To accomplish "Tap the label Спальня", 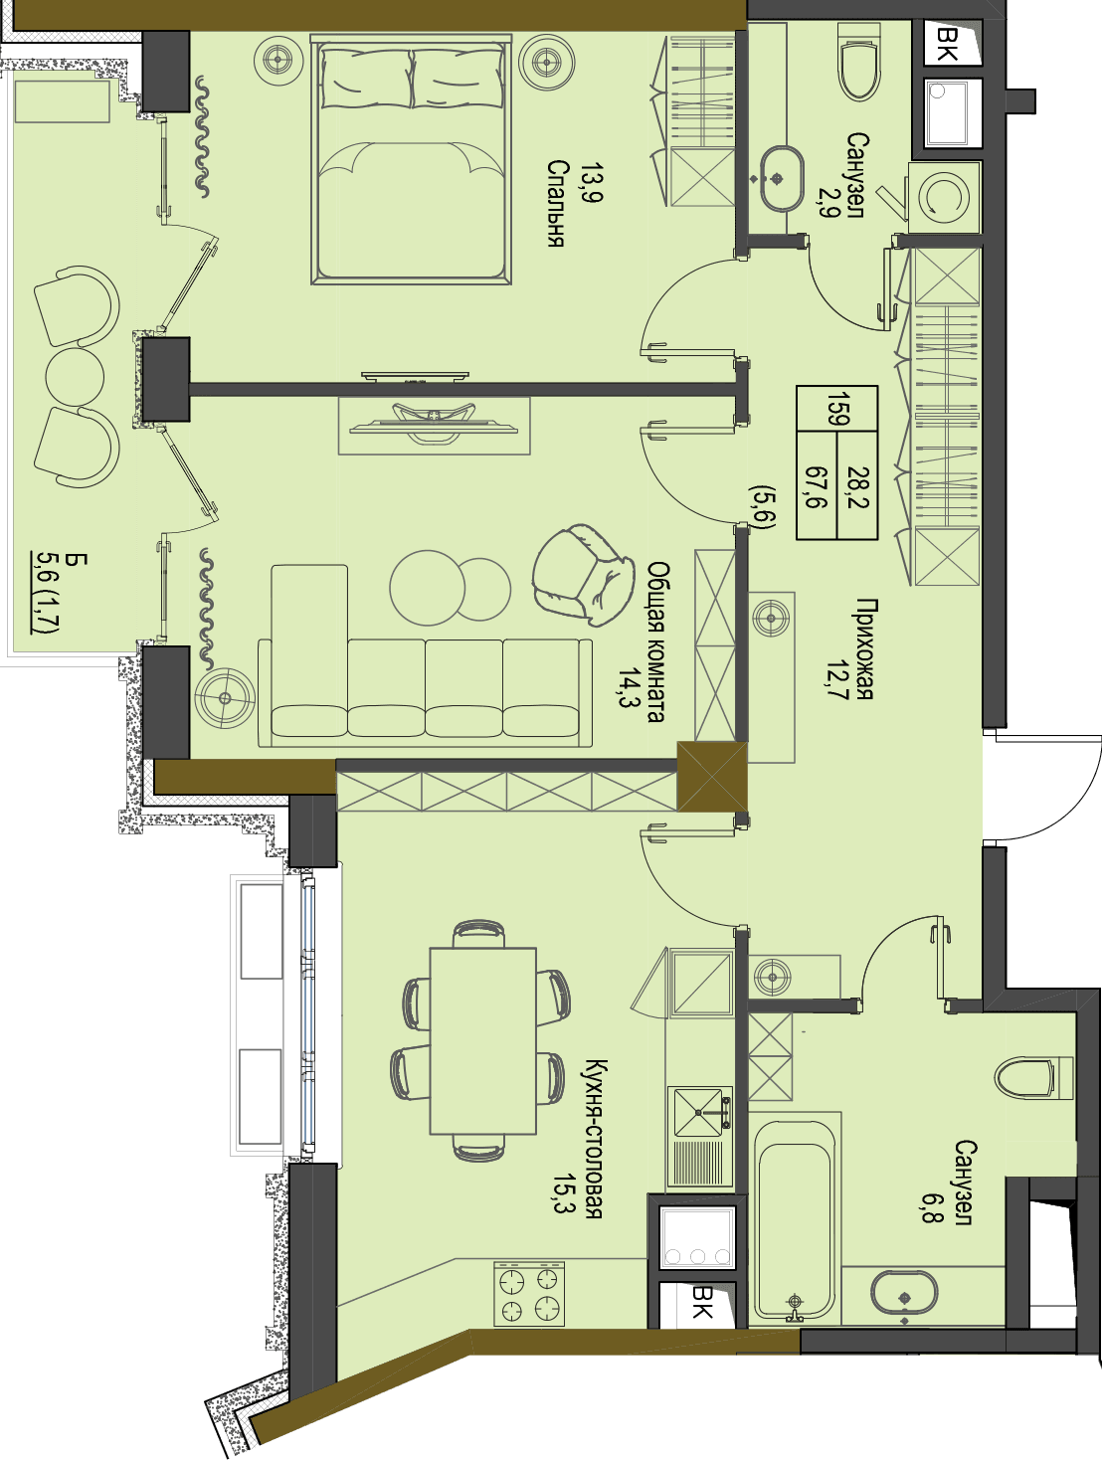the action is (x=556, y=204).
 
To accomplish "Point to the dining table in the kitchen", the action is (x=482, y=1041).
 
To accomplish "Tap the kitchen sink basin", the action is (x=698, y=1112).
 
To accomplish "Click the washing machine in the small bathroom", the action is (x=943, y=197).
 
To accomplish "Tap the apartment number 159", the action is (x=837, y=409).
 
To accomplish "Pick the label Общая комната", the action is (x=657, y=641).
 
